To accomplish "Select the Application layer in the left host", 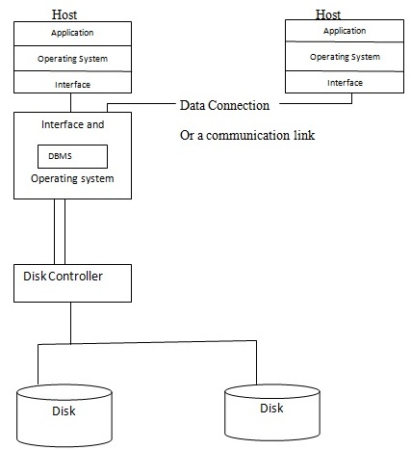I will [73, 32].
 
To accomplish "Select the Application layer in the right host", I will [345, 31].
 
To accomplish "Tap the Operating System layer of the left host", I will [73, 58].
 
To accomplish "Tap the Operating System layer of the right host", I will [345, 57].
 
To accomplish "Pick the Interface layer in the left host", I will [73, 85].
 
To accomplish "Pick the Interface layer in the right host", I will [345, 83].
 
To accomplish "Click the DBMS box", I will [72, 156].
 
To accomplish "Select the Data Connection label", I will [224, 104].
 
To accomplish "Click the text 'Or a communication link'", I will [247, 135].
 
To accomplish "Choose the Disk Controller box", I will [72, 282].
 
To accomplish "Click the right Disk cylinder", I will [272, 409].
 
